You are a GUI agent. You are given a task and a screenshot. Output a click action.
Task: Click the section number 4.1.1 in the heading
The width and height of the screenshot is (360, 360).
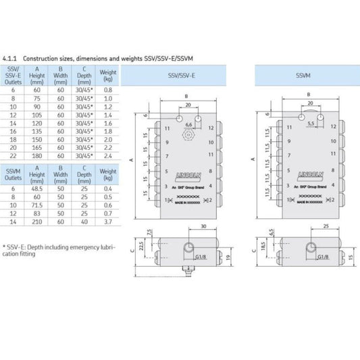[11, 59]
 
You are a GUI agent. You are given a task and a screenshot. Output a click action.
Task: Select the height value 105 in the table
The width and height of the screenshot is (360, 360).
[37, 115]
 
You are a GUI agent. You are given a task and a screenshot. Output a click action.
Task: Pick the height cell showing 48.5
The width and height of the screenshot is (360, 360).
[37, 187]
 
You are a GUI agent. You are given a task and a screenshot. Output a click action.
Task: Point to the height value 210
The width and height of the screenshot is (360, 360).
[37, 222]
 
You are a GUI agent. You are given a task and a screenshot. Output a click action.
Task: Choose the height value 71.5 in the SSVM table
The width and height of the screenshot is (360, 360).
[37, 205]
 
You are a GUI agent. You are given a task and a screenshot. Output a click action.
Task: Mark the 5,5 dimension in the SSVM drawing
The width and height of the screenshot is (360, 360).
[309, 124]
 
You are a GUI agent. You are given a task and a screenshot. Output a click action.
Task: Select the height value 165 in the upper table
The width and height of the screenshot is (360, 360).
[37, 147]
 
